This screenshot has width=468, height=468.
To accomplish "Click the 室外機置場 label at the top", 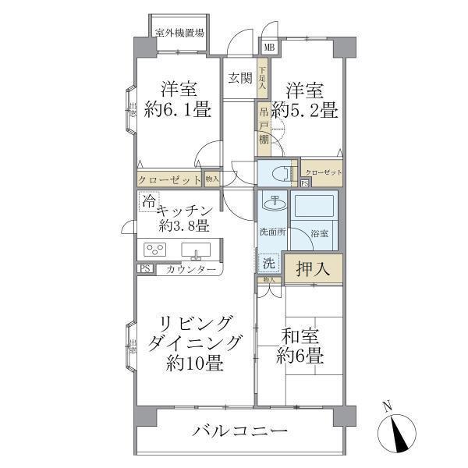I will click(x=179, y=34).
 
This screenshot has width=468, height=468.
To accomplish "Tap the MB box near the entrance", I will click(x=269, y=48).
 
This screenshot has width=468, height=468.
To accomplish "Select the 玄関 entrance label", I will click(x=239, y=78).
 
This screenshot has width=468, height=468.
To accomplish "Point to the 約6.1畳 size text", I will click(x=177, y=110).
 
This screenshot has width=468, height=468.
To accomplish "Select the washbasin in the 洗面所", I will click(x=273, y=204).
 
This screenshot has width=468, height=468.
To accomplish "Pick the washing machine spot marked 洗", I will click(x=268, y=263).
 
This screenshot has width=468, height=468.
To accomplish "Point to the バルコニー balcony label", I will click(x=239, y=431).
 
